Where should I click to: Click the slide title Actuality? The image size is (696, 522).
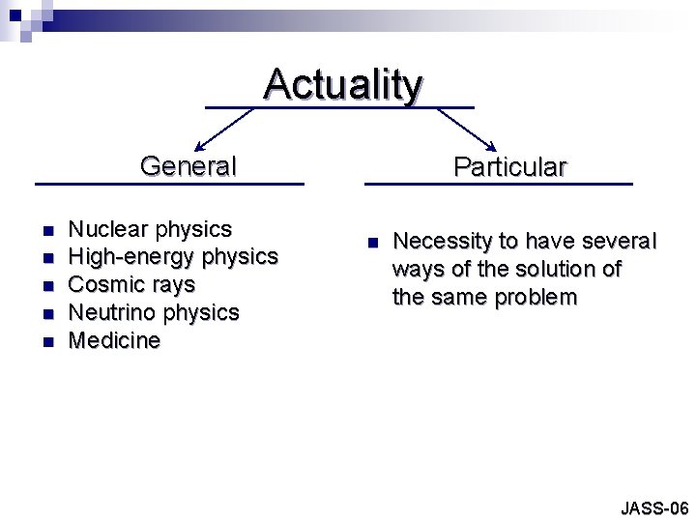pyautogui.click(x=343, y=84)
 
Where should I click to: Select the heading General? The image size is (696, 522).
pyautogui.click(x=188, y=166)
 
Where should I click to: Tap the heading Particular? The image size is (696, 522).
pyautogui.click(x=509, y=167)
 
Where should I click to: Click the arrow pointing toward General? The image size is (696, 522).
pyautogui.click(x=223, y=127)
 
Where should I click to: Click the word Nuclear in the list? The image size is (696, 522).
pyautogui.click(x=108, y=229)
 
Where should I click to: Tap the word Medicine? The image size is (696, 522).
pyautogui.click(x=115, y=341)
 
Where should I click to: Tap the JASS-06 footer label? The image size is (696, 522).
pyautogui.click(x=653, y=507)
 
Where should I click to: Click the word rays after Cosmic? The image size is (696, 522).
pyautogui.click(x=173, y=286)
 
